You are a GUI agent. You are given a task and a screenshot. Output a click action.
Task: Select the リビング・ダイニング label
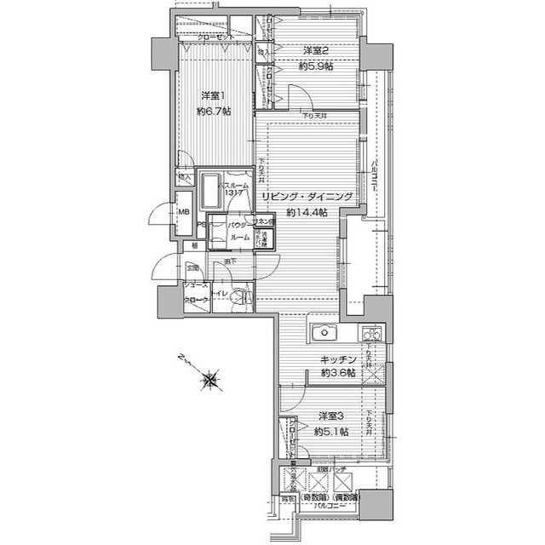pyautogui.click(x=307, y=197)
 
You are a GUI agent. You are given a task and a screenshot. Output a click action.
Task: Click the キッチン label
pyautogui.click(x=338, y=360)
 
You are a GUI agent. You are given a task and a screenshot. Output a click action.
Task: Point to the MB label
pyautogui.click(x=183, y=212)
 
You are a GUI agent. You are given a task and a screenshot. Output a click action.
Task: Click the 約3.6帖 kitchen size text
pyautogui.click(x=338, y=374)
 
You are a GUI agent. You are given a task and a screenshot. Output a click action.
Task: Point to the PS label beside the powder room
pyautogui.click(x=201, y=226)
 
